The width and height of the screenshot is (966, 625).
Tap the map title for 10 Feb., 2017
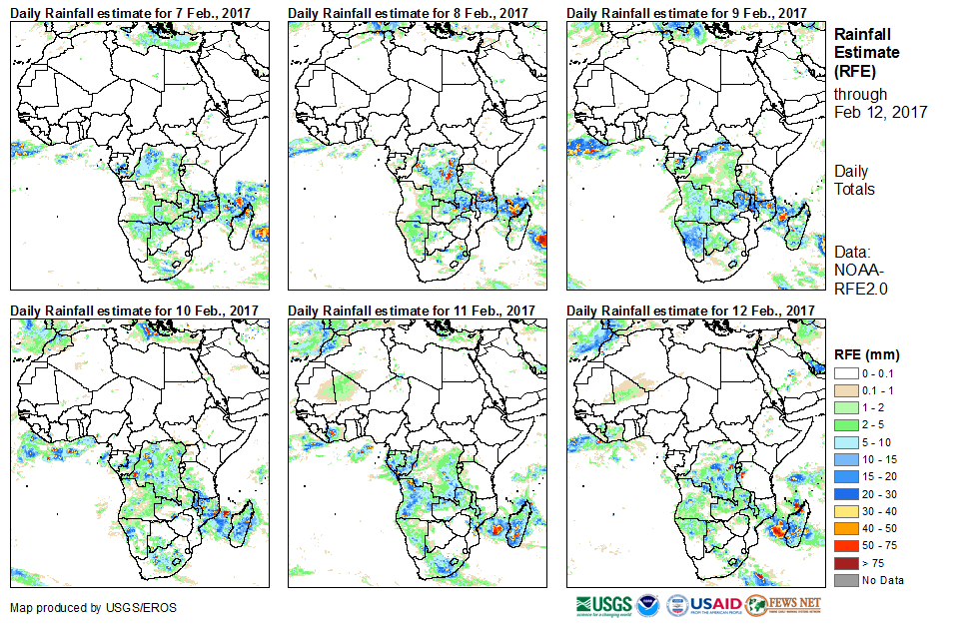(135, 311)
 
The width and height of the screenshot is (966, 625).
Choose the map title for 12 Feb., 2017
(690, 311)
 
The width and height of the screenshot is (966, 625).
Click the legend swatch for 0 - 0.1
(844, 372)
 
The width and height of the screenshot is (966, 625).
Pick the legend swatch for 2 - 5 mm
(844, 424)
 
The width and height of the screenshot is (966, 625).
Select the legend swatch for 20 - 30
(844, 493)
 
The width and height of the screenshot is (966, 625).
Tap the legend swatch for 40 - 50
(844, 528)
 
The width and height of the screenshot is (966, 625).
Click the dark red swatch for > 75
(844, 563)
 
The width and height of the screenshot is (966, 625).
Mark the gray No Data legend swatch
(844, 580)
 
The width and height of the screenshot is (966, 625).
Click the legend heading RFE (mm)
(867, 353)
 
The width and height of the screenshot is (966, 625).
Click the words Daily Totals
(853, 181)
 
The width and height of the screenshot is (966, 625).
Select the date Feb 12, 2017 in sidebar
(881, 112)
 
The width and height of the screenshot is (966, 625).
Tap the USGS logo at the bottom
(603, 605)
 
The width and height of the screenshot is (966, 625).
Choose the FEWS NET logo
(783, 605)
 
